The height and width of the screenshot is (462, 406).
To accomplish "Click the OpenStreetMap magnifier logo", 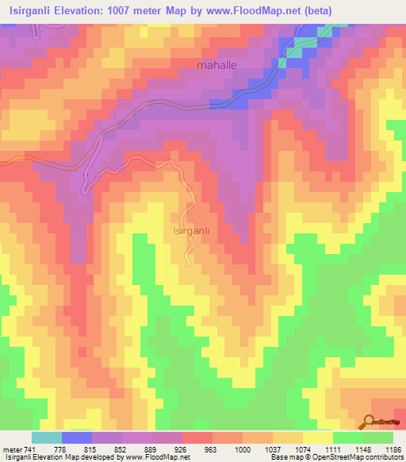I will pyautogui.click(x=370, y=422).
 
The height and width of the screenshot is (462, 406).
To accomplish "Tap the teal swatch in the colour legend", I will pyautogui.click(x=47, y=437).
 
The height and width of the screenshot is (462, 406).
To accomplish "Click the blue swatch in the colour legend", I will pyautogui.click(x=77, y=437).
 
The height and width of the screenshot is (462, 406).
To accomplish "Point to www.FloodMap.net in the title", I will pyautogui.click(x=251, y=10).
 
